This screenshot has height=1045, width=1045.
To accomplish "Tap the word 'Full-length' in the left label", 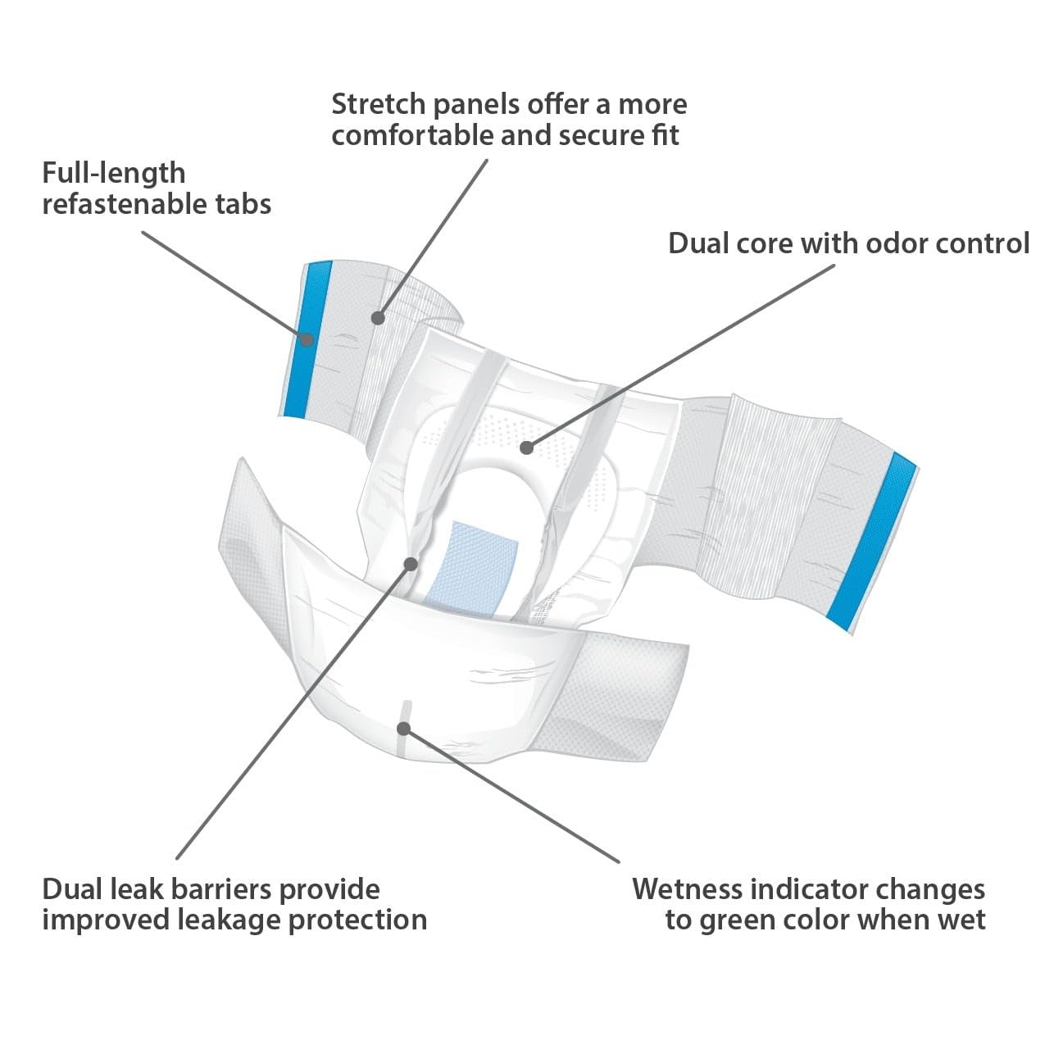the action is pyautogui.click(x=114, y=175).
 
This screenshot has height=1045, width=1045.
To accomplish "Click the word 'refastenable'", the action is pyautogui.click(x=124, y=204).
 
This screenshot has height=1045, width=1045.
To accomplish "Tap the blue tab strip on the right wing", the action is pyautogui.click(x=871, y=542).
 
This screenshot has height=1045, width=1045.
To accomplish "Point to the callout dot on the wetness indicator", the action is pyautogui.click(x=403, y=729).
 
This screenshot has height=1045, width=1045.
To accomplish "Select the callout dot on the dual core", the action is pyautogui.click(x=526, y=448).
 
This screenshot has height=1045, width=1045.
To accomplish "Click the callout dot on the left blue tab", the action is pyautogui.click(x=307, y=340).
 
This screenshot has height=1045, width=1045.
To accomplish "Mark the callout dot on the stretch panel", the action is pyautogui.click(x=378, y=318).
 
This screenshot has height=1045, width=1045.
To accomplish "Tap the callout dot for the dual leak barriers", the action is pyautogui.click(x=411, y=565).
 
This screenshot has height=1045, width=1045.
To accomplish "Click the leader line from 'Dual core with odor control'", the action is pyautogui.click(x=680, y=357).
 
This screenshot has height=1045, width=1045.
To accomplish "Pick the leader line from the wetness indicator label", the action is pyautogui.click(x=511, y=795).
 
